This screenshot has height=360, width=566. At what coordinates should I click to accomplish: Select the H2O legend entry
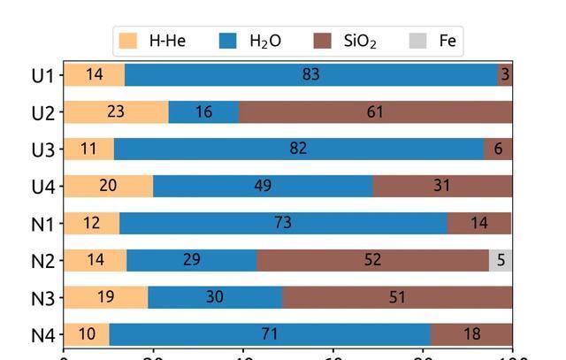coord(251,41)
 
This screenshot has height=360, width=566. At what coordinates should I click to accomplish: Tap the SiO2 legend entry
coord(346,41)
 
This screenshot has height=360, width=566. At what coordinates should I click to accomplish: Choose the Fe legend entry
coord(434,41)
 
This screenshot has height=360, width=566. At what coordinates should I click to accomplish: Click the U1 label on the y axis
coord(42,75)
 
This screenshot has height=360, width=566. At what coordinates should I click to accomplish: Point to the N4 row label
coord(42,335)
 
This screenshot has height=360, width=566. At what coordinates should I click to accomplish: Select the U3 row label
coord(42,149)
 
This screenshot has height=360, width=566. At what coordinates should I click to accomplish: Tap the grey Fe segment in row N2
coord(501,260)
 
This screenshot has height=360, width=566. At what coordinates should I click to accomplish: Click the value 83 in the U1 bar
coord(310,74)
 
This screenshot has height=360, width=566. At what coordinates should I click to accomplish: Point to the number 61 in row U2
coord(375,111)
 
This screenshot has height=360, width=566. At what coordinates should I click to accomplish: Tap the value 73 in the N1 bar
coord(283,223)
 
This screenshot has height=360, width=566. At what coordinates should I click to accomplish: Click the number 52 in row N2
coord(372,260)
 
